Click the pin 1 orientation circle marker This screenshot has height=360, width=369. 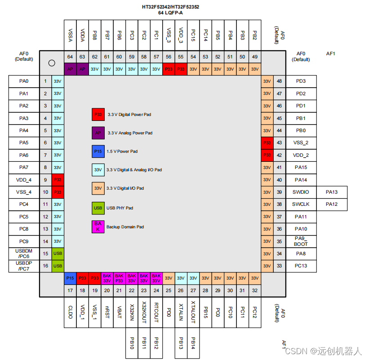point(52,63)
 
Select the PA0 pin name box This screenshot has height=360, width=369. point(24,81)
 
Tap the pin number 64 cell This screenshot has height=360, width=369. point(70,57)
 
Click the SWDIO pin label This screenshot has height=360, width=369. point(301,192)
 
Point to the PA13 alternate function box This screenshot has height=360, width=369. point(331,192)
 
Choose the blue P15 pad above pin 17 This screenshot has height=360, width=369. point(70,278)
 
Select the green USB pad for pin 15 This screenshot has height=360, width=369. point(58,253)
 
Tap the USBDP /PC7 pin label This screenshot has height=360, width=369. point(24,266)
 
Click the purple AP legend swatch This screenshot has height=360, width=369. point(98,133)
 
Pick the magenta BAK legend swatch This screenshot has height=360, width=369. point(98,227)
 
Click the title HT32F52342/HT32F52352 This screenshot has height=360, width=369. point(170,7)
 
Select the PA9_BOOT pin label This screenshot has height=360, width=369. point(301,241)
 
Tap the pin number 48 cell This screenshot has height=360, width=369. point(279,81)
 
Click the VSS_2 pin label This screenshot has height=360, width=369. point(301,143)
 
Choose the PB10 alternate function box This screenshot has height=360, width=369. point(132,344)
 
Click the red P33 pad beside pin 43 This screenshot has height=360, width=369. point(267,143)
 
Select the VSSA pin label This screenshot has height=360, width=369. point(70,36)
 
